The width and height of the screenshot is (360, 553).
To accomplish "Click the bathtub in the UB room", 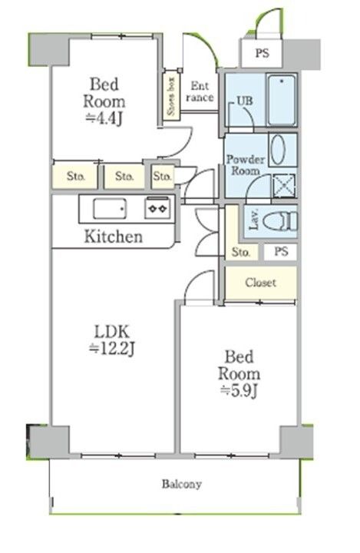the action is (x=282, y=99).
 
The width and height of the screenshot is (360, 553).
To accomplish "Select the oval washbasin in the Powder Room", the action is (x=278, y=150).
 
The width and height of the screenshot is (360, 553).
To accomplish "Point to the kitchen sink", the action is (x=109, y=208).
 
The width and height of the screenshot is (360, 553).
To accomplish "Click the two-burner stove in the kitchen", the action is (x=157, y=208).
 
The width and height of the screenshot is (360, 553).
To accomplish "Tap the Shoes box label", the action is (x=171, y=96).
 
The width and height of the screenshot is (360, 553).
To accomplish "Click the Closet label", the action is (x=260, y=283).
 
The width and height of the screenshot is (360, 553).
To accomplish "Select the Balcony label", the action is (x=182, y=484).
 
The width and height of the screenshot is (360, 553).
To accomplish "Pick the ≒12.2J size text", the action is (x=112, y=349).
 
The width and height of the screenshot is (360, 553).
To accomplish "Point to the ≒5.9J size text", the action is (x=239, y=390).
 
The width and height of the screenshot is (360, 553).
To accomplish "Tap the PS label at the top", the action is (x=262, y=53).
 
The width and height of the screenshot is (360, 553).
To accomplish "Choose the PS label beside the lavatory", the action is (x=281, y=251).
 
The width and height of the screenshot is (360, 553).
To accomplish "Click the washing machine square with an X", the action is (x=284, y=185).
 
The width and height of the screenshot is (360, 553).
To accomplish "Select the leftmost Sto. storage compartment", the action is (x=75, y=176).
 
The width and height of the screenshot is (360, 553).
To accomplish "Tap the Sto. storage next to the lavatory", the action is (x=241, y=252).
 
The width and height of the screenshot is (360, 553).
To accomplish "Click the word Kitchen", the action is (x=114, y=236).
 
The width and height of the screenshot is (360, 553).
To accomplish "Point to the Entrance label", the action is (x=200, y=91).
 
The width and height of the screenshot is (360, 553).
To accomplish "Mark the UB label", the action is (x=245, y=101).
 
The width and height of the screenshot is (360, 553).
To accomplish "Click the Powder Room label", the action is (x=246, y=165).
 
